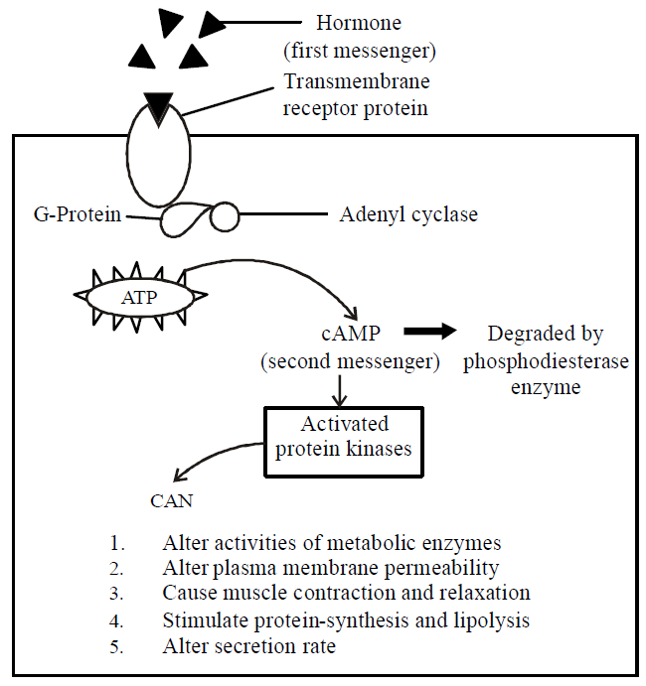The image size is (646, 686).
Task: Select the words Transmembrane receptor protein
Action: click(357, 94)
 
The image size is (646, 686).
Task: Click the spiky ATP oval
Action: click(141, 295)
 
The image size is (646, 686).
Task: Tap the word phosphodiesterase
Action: click(547, 361)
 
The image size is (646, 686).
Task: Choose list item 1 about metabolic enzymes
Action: click(332, 544)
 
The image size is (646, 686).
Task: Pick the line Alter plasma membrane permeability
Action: click(330, 569)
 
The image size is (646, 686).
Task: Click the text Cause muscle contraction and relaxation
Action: click(346, 594)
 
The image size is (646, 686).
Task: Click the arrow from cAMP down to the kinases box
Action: click(341, 390)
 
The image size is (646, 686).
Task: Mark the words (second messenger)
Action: click(350, 362)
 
